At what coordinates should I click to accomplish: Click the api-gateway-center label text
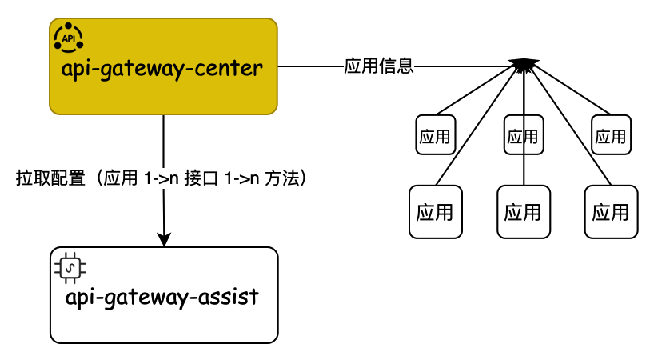point(162,68)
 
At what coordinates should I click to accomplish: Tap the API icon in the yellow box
point(68,38)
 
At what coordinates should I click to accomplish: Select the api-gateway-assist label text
point(162,297)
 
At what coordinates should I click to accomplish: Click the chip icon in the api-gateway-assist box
point(70,267)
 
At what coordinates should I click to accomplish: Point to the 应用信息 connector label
point(378,66)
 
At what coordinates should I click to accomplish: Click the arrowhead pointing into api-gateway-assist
point(165,239)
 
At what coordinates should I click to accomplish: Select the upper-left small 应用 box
point(435,134)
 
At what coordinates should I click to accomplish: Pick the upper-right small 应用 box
point(611,134)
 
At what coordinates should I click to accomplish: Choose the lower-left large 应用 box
point(435,212)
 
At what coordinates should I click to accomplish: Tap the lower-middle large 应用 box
point(523,212)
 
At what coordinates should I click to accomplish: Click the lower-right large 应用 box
point(611,212)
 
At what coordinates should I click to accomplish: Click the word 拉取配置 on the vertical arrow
point(50,178)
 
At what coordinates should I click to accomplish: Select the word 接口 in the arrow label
point(198,178)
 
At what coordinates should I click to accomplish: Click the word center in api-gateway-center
point(228,68)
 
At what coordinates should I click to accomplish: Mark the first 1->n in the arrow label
point(160,178)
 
